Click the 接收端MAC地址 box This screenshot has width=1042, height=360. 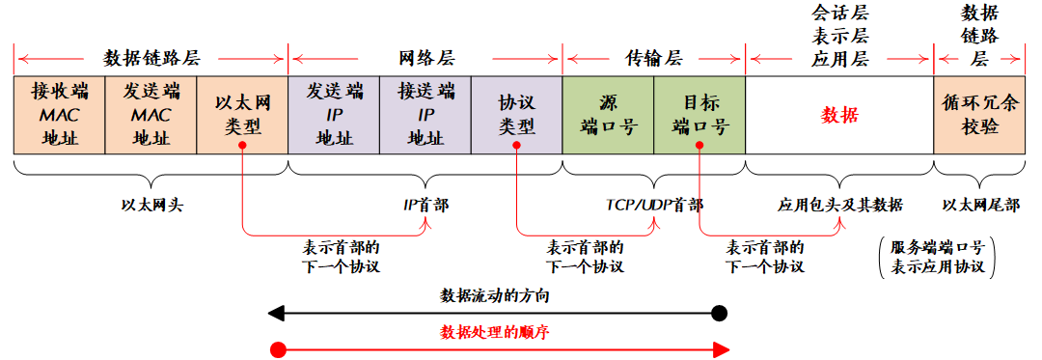pyautogui.click(x=59, y=114)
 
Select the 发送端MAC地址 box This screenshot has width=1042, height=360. pyautogui.click(x=151, y=114)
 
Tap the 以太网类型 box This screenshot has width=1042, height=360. pyautogui.click(x=242, y=114)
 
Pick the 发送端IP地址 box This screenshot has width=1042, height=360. pyautogui.click(x=334, y=114)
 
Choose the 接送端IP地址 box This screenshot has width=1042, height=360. pyautogui.click(x=425, y=114)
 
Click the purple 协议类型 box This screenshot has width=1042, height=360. pyautogui.click(x=517, y=114)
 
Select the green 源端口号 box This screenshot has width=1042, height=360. pyautogui.click(x=609, y=114)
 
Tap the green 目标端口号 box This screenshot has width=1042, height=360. pyautogui.click(x=700, y=114)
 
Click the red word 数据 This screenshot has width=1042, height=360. pyautogui.click(x=839, y=115)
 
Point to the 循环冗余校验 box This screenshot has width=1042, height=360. pyautogui.click(x=979, y=114)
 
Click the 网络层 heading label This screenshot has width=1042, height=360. pyautogui.click(x=425, y=58)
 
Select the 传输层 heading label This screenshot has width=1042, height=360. pyautogui.click(x=653, y=58)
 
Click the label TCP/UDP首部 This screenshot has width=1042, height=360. pyautogui.click(x=654, y=205)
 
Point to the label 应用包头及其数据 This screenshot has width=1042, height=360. pyautogui.click(x=839, y=205)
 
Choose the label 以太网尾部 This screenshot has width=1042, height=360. pyautogui.click(x=979, y=205)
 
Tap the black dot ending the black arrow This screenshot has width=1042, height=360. pyautogui.click(x=718, y=313)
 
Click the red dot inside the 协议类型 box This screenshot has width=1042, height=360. pyautogui.click(x=517, y=146)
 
